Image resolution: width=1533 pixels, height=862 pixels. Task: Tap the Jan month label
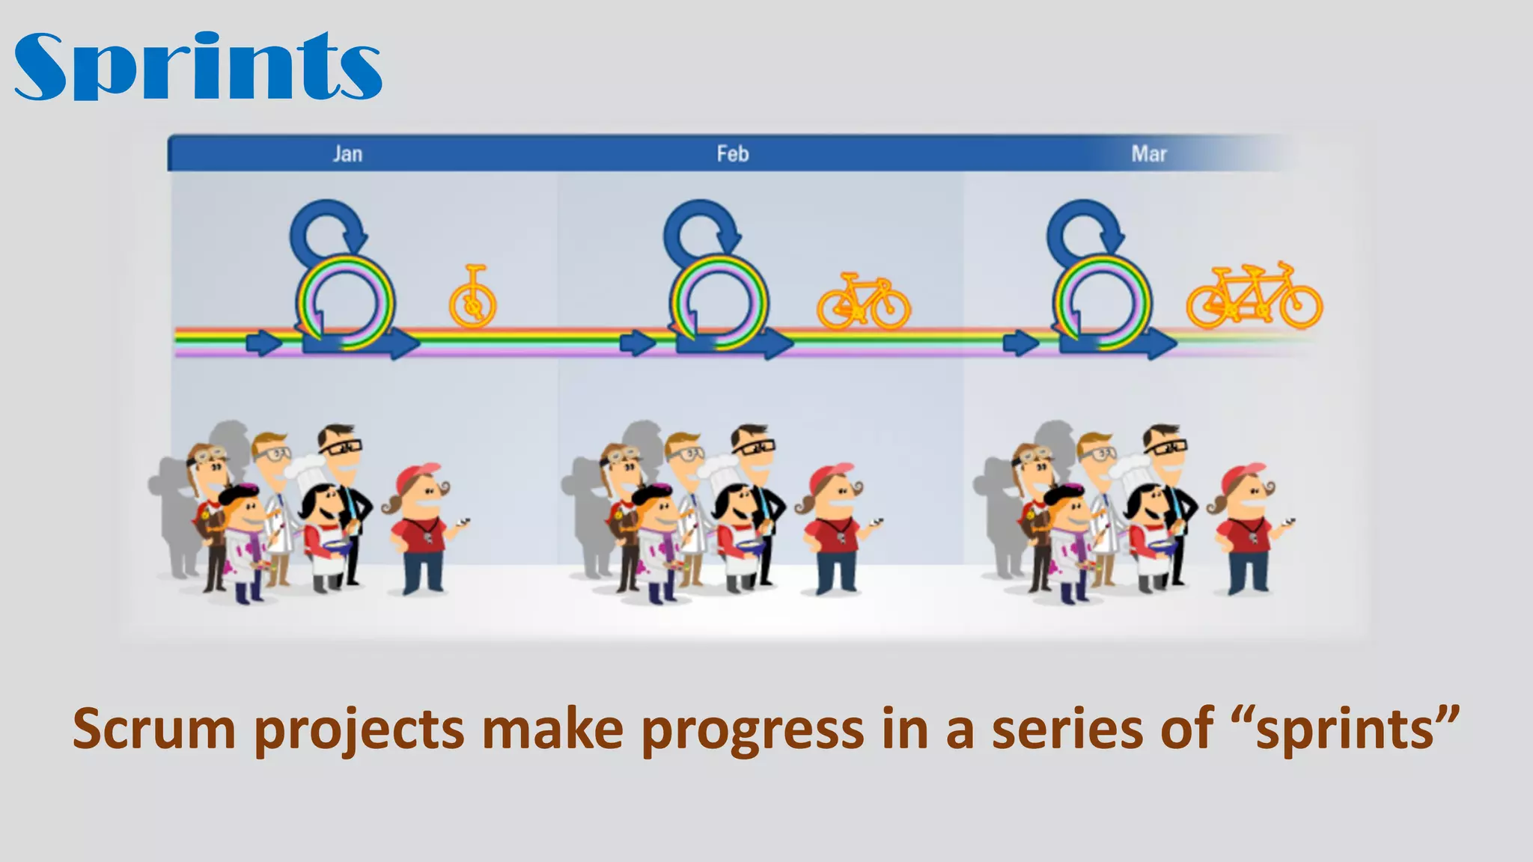click(347, 154)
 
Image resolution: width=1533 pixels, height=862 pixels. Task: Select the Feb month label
click(732, 154)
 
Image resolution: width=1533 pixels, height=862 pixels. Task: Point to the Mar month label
click(1148, 154)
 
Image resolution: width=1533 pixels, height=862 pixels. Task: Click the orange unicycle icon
click(472, 298)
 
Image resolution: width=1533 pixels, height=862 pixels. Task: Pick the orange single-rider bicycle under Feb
click(863, 301)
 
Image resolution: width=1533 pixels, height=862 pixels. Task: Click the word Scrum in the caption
click(153, 729)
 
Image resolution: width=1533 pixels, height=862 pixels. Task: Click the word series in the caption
click(1068, 729)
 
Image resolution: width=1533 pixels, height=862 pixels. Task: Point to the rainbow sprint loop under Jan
click(345, 302)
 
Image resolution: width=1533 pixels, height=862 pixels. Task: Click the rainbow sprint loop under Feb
click(719, 302)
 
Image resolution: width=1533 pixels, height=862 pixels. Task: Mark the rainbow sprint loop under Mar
click(1102, 302)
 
